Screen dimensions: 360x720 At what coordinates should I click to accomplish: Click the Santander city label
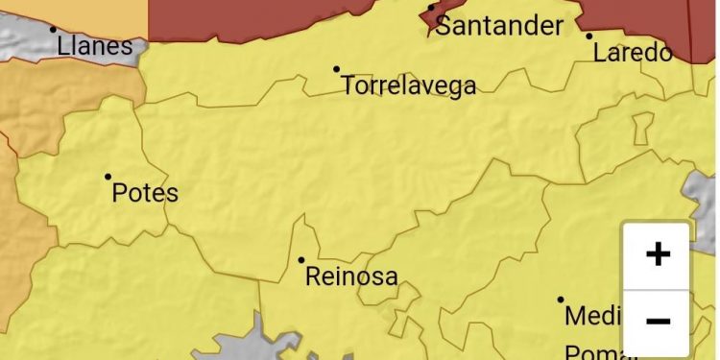pos(499,25)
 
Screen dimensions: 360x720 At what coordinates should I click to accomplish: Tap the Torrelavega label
pos(408,85)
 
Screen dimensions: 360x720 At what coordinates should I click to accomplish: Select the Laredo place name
pos(633,53)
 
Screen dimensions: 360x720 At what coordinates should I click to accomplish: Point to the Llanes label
pos(94,45)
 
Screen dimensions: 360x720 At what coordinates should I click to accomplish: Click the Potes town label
pos(145,193)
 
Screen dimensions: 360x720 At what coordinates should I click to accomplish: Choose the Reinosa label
pos(351,277)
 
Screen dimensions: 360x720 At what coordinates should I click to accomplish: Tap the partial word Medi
pos(593,315)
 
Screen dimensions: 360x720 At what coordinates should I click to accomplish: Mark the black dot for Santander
pos(431,9)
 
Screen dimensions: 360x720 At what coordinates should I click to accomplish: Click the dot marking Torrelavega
pos(336,69)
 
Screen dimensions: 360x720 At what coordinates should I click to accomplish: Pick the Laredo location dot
pos(589,36)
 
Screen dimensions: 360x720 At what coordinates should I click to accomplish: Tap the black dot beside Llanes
pos(53,29)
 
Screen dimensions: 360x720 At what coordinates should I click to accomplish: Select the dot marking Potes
pos(108,177)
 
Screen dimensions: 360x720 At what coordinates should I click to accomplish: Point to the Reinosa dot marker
pos(300,260)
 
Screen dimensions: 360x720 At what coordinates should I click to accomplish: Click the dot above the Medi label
pos(561,300)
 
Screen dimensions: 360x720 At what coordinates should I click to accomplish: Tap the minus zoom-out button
pos(658,322)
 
